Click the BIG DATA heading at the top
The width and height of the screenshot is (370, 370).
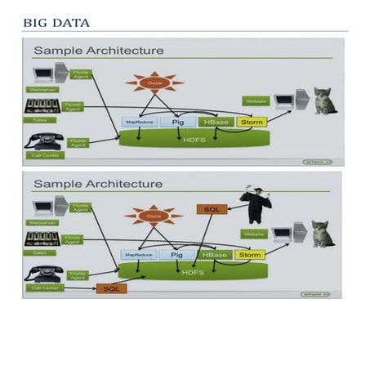point(56,22)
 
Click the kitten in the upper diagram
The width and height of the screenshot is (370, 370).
point(325,101)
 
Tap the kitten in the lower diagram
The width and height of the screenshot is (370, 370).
point(323,234)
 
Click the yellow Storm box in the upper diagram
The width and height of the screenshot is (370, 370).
point(248,123)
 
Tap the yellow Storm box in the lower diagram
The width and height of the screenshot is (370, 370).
point(249,255)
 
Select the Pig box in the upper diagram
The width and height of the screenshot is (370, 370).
point(178,123)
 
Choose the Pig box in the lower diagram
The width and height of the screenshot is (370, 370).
point(178,255)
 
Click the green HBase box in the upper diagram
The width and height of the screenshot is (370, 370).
point(216,123)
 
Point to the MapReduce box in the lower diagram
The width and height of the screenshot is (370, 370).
point(138,255)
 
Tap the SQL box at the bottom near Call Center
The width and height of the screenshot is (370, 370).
point(110,288)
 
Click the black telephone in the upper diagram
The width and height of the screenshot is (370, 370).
point(42,139)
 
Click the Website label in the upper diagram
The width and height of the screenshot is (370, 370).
point(256,101)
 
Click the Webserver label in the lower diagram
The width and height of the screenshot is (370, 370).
point(43,221)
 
